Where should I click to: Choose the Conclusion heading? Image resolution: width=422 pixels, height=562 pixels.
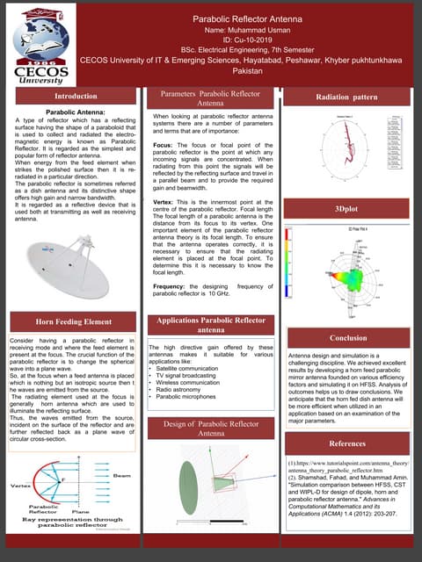(348, 337)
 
